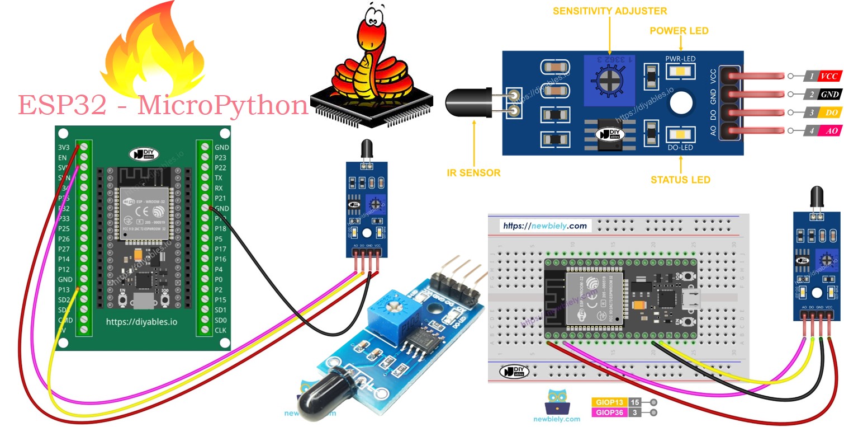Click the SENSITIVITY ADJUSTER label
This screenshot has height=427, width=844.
(x=610, y=11)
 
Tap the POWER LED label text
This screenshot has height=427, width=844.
(x=679, y=31)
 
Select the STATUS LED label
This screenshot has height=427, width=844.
(x=680, y=180)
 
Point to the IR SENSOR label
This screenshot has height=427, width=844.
(x=473, y=173)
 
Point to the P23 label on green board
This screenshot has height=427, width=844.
(x=221, y=158)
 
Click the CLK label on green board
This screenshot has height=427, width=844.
(x=221, y=330)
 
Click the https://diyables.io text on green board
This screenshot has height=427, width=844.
(x=141, y=322)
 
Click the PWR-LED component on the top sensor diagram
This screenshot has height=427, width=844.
(x=680, y=71)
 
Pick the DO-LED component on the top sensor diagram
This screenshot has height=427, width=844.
(x=680, y=134)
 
